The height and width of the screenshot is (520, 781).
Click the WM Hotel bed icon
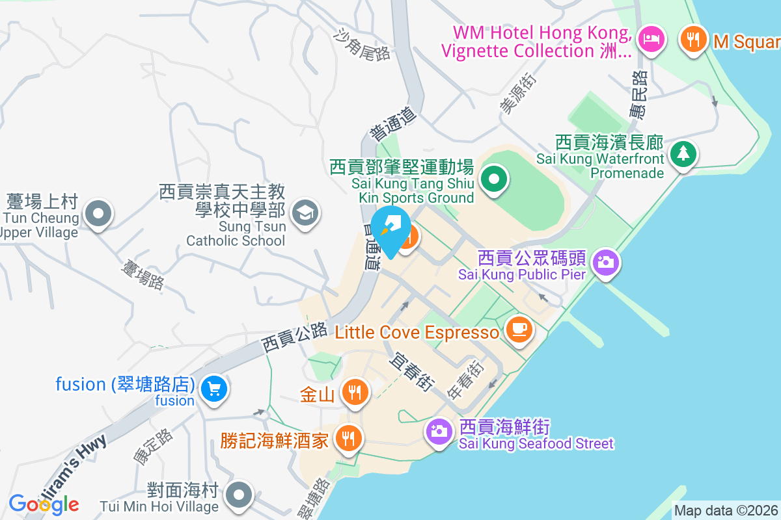[651, 38]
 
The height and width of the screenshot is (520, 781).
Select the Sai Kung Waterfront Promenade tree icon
[683, 154]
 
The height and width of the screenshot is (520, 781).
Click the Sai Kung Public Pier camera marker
[606, 263]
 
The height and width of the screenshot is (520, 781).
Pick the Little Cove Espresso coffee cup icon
[519, 330]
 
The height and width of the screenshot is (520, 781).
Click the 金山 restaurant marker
[355, 392]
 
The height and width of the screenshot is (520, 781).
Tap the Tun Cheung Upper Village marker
[98, 213]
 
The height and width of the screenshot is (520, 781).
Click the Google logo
[44, 504]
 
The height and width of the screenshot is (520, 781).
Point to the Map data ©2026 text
[726, 511]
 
